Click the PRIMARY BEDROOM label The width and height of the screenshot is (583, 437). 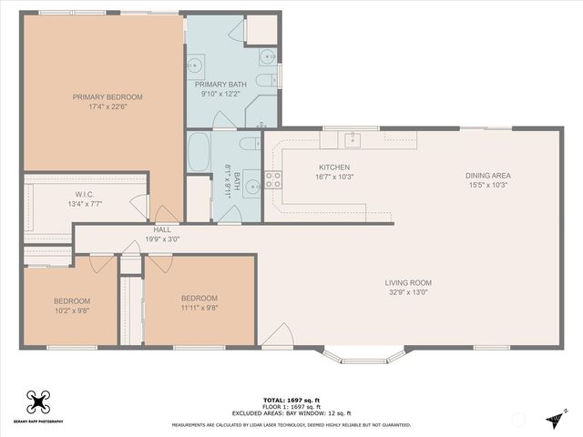tap(108, 97)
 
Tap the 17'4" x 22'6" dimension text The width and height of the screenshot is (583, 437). tap(108, 107)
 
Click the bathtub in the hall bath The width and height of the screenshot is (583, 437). tap(199, 153)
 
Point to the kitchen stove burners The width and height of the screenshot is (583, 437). tap(271, 178)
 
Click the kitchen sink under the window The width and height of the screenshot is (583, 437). tap(352, 139)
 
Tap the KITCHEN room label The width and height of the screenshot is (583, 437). tap(334, 168)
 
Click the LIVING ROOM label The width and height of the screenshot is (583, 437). tap(407, 282)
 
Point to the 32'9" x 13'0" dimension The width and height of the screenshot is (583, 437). tap(407, 292)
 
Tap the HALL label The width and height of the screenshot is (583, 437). tap(162, 229)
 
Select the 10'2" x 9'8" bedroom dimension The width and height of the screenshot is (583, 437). tap(71, 310)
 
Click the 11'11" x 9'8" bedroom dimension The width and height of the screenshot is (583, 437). tap(199, 308)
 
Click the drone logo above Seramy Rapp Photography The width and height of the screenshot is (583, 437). tap(37, 401)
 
